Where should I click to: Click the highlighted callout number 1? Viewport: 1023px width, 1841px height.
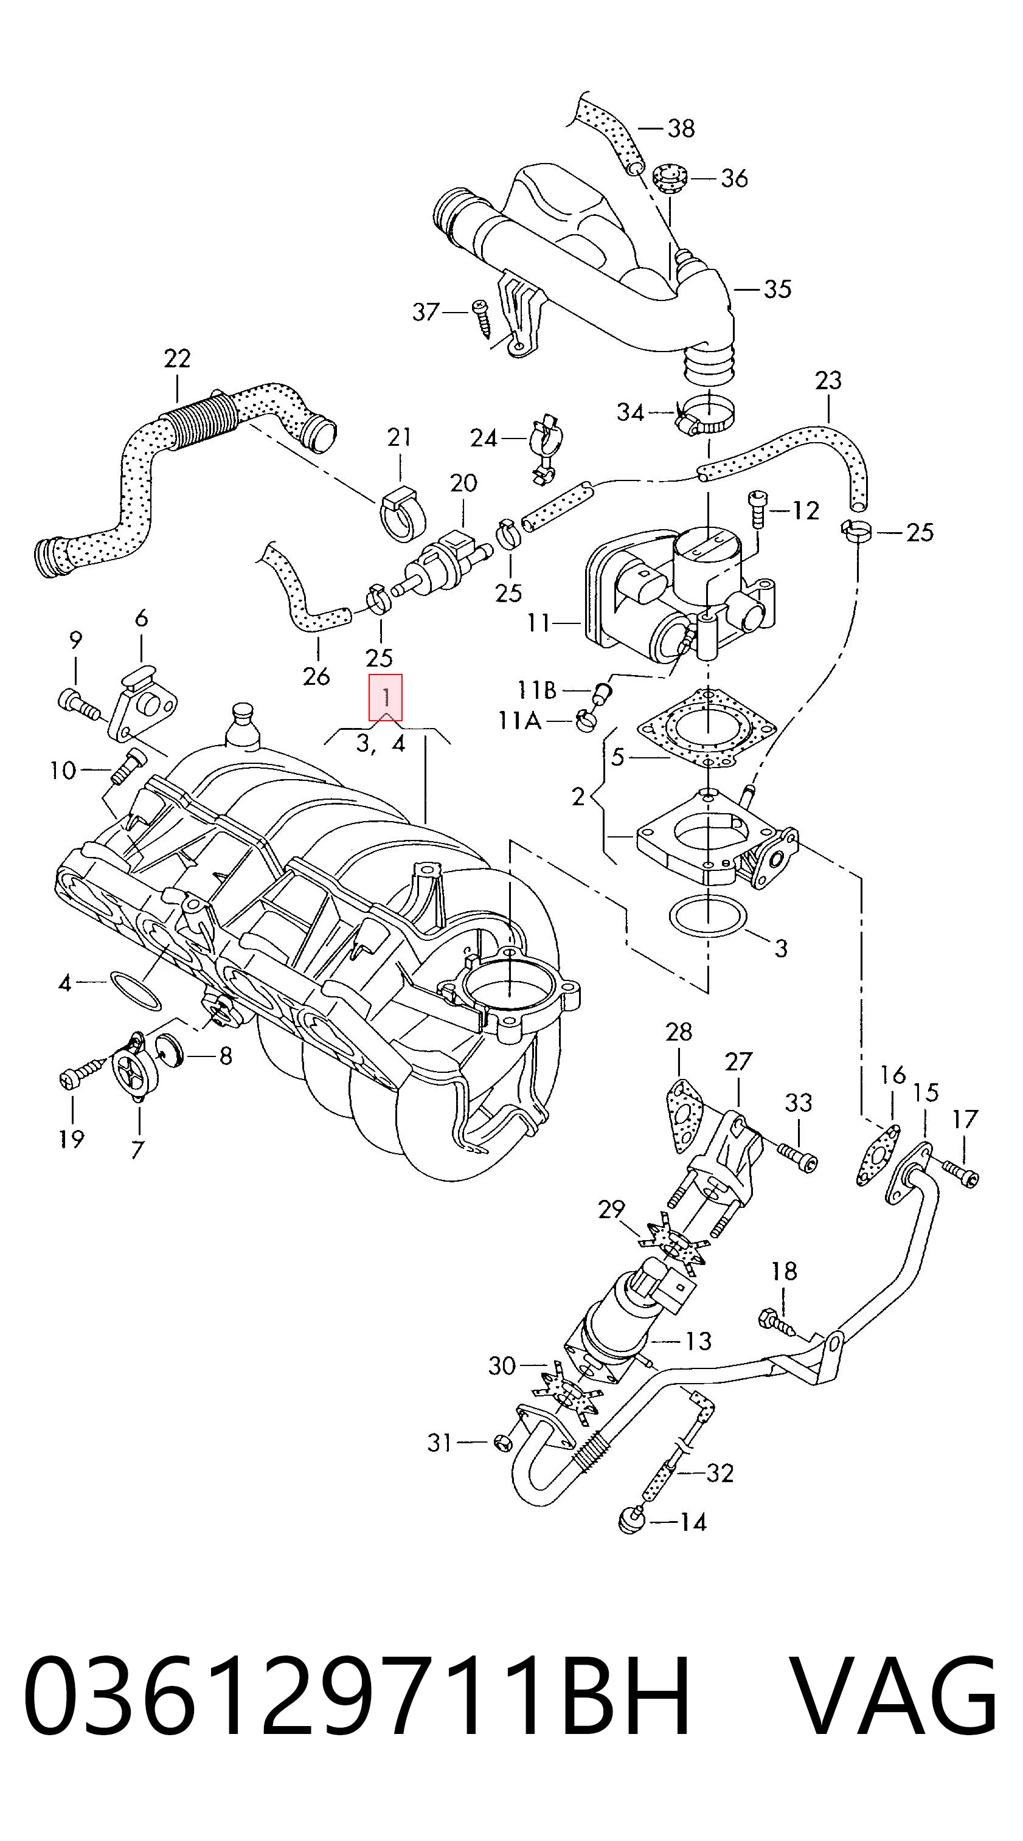click(386, 697)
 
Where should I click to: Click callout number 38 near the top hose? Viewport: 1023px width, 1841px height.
click(681, 129)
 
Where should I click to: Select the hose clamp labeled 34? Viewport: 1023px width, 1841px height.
click(705, 419)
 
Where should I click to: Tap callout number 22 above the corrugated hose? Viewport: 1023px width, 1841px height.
click(176, 358)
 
